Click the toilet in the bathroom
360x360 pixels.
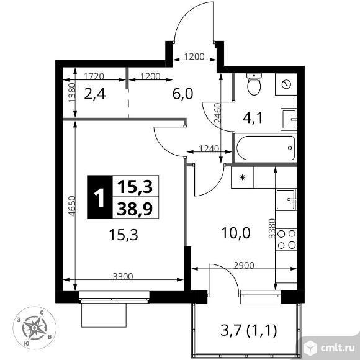(254, 84)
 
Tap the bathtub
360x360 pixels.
(266, 148)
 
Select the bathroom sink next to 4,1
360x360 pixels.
(289, 120)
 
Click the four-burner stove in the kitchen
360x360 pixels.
(286, 240)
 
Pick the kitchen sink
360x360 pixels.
(287, 200)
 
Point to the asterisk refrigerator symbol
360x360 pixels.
(242, 178)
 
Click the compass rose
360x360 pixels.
(34, 328)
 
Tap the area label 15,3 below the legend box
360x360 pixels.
(124, 235)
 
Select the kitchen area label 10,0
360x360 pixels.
(236, 233)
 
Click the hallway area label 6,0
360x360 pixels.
(182, 94)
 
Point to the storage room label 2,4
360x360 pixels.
(95, 94)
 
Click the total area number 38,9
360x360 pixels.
(135, 209)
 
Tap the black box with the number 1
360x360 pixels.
(100, 197)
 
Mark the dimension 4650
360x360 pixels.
(72, 206)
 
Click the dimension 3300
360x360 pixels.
(123, 276)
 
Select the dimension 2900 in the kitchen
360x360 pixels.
(244, 266)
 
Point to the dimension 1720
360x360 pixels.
(94, 76)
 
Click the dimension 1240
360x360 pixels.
(209, 149)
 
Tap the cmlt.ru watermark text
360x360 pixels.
(337, 348)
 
